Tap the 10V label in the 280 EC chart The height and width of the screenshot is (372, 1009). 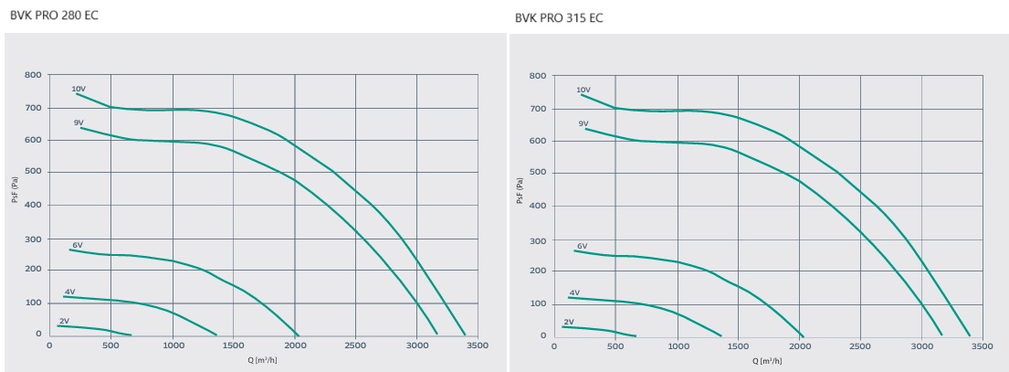(x=79, y=89)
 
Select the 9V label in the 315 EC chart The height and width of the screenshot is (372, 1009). (x=583, y=122)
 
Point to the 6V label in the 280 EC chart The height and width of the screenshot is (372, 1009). (x=78, y=245)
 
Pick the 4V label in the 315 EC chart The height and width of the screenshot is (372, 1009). (x=574, y=292)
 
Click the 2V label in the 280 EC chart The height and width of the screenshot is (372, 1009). (x=64, y=321)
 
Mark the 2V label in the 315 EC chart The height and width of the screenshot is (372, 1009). (x=569, y=322)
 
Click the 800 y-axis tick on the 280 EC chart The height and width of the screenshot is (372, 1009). (x=33, y=74)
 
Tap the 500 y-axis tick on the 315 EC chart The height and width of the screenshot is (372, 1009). (x=537, y=174)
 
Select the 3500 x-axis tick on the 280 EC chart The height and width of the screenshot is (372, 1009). (x=478, y=345)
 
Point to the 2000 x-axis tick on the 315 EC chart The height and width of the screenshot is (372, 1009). (x=800, y=347)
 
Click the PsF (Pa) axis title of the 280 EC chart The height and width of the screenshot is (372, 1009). (x=16, y=204)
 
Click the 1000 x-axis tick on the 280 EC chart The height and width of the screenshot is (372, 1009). (x=173, y=345)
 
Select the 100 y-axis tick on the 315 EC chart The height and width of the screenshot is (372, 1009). (x=537, y=303)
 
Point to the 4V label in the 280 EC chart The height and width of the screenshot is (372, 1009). (x=69, y=292)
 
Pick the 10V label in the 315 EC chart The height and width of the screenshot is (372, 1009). (x=584, y=90)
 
